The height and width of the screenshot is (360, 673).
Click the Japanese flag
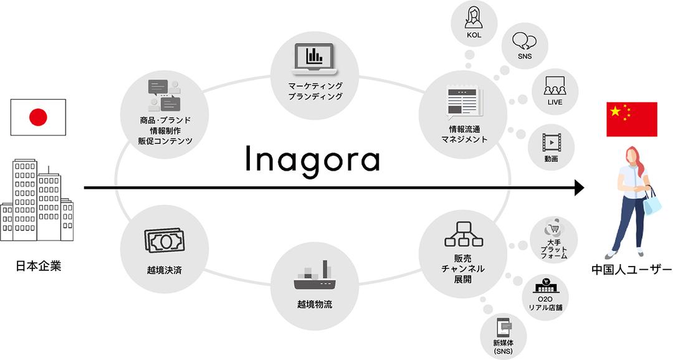(x=38, y=117)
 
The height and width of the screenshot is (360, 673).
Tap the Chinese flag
(x=631, y=120)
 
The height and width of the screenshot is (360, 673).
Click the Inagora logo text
(x=313, y=159)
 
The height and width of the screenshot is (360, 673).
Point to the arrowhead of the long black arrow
(x=580, y=187)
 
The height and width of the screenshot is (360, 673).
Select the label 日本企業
(x=39, y=266)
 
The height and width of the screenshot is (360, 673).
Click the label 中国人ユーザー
(x=631, y=270)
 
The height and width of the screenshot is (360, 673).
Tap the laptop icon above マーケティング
(x=315, y=59)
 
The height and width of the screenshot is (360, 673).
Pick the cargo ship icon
(x=315, y=275)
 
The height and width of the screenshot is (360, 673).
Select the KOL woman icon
(x=474, y=17)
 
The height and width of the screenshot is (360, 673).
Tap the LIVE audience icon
(x=555, y=86)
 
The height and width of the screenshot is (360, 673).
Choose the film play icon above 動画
(x=551, y=143)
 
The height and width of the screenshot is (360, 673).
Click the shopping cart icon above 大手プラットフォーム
(x=554, y=229)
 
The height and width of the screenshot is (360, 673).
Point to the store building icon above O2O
(x=545, y=285)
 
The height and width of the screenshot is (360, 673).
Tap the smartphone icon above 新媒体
(x=504, y=328)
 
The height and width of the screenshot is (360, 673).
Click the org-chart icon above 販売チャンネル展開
(x=464, y=234)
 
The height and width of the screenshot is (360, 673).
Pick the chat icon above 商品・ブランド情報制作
(x=165, y=95)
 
